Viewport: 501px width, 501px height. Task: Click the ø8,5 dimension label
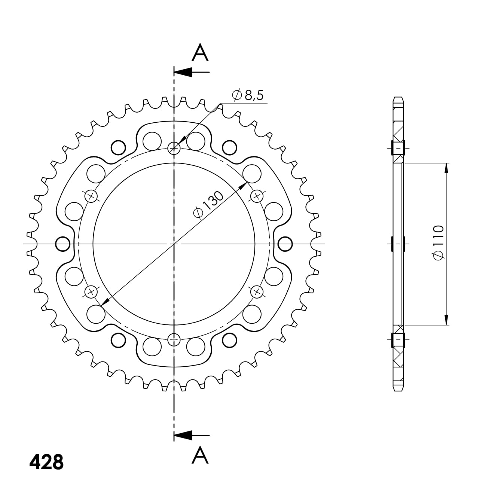point(248,95)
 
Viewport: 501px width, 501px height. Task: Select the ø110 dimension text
point(438,242)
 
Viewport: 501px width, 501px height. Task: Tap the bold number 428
point(46,462)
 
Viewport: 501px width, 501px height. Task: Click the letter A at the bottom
point(200,455)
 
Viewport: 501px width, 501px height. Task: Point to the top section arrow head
point(183,72)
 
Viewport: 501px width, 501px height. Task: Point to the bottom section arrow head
point(183,435)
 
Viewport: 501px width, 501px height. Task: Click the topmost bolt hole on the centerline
point(174,149)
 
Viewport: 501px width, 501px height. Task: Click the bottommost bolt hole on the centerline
point(174,340)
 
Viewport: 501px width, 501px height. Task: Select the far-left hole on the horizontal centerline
point(62,244)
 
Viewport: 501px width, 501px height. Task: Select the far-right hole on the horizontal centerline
point(285,244)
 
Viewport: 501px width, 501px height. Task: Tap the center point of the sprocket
point(174,244)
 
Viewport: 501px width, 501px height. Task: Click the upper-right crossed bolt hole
point(257,196)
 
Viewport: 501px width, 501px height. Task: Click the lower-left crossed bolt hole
point(91,292)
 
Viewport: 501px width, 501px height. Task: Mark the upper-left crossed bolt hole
point(91,196)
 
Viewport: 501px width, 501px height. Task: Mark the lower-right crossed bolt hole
point(257,292)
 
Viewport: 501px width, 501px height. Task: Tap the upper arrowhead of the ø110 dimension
point(446,168)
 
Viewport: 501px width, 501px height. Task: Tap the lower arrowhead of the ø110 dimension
point(446,320)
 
